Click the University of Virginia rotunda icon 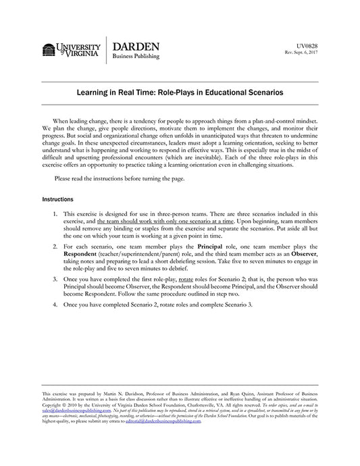[49, 50]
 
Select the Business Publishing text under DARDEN [136, 57]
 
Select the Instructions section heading [57, 200]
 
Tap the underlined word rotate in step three [187, 279]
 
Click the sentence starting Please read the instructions [119, 178]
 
